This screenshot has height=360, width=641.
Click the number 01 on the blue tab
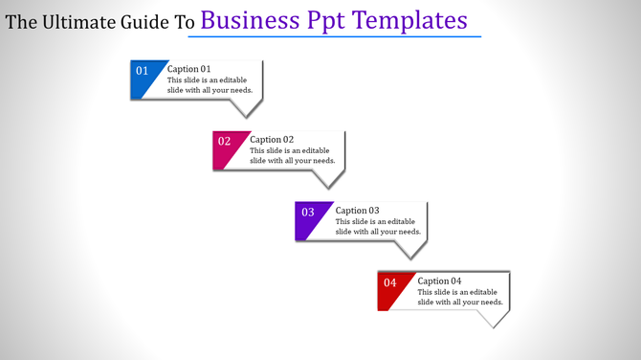pos(142,71)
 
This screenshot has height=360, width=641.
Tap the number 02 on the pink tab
pos(225,142)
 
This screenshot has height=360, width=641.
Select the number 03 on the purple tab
pos(308,213)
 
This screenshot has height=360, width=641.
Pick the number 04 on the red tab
pos(390,283)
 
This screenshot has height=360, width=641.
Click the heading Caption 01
pos(188,69)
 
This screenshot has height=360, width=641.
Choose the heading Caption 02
pos(272,140)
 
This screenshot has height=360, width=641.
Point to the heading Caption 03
pos(358,211)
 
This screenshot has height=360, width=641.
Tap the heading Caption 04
pos(440,281)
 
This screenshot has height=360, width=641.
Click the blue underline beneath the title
pos(334,36)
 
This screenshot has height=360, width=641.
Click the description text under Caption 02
pos(292,155)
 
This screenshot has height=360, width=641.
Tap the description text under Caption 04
pos(460,297)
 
